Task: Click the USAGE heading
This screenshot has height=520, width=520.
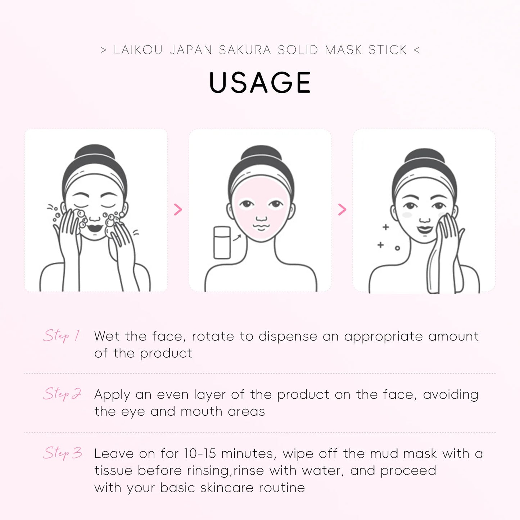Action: (x=260, y=83)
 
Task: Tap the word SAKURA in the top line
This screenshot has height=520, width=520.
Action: (x=245, y=50)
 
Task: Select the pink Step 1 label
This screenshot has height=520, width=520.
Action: (x=61, y=336)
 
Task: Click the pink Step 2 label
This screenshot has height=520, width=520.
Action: (x=62, y=394)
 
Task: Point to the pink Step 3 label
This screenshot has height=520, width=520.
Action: (x=63, y=453)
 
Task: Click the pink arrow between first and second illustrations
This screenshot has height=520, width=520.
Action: (x=178, y=209)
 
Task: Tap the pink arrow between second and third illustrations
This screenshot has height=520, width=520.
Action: (x=342, y=209)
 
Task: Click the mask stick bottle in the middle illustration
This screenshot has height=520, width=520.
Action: (x=222, y=242)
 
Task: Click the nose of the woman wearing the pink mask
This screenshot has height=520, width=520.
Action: (x=262, y=218)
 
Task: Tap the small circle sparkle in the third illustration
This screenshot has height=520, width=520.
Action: (x=397, y=248)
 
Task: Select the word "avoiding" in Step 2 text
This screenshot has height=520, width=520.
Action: (x=451, y=395)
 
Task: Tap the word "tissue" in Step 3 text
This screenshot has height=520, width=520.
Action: (x=113, y=471)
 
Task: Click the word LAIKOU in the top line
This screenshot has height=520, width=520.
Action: (x=138, y=50)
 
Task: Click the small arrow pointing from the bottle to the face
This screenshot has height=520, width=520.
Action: (x=237, y=238)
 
